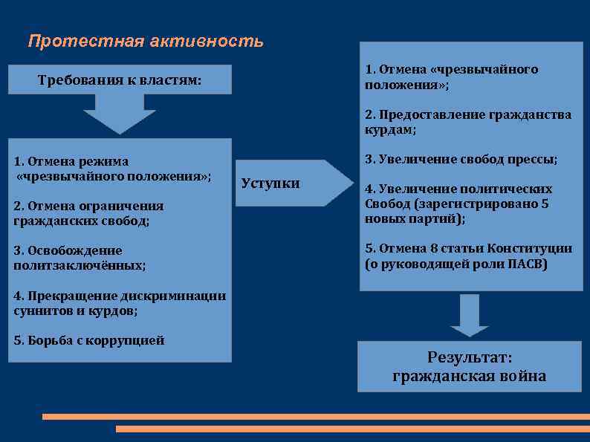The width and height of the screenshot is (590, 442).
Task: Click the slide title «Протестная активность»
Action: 145,41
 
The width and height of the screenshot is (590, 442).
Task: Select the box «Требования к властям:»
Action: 120,80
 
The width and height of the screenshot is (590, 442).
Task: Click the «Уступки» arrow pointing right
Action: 290,183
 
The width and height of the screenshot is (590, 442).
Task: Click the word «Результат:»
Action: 469,357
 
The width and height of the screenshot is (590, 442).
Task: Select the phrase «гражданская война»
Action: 469,377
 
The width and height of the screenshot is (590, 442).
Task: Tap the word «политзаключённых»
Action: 79,265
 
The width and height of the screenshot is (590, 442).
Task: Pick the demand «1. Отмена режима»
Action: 71,161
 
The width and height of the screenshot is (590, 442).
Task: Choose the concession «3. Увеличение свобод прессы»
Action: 461,159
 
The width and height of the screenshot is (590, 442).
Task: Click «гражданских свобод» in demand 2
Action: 80,221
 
